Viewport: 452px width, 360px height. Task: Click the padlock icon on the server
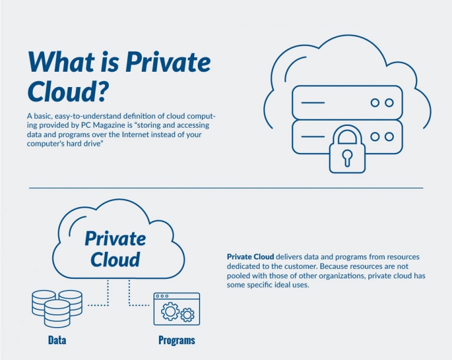[347, 149]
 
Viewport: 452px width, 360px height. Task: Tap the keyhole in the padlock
[347, 157]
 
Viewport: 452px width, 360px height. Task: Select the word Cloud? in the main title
[70, 92]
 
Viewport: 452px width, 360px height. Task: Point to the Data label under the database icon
[57, 340]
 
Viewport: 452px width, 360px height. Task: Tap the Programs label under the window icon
[177, 340]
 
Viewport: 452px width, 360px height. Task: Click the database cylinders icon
[57, 308]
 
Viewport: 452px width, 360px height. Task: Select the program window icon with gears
[177, 308]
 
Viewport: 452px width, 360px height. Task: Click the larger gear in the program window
[170, 311]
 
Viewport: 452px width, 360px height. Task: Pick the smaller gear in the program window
[187, 315]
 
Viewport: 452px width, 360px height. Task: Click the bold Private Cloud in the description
[250, 257]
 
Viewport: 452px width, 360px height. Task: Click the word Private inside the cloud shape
[115, 238]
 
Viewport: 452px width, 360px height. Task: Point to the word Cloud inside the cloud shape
[115, 259]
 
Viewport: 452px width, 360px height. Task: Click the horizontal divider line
[226, 188]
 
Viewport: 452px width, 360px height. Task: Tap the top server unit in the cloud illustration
[347, 102]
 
